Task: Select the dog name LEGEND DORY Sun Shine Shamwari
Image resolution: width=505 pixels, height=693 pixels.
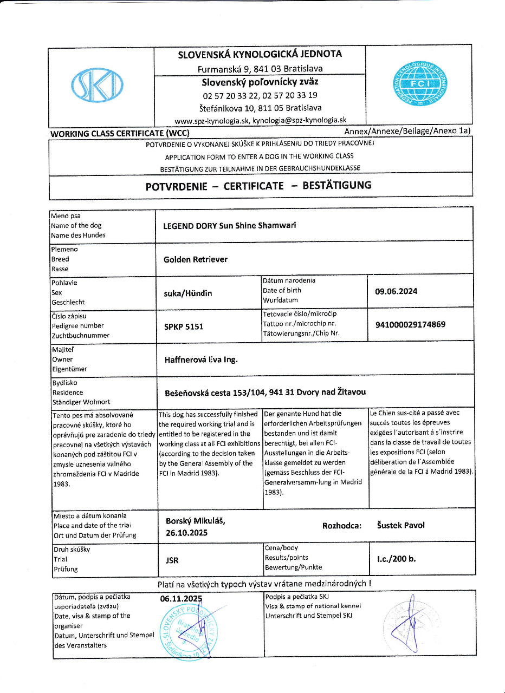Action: [x=230, y=226]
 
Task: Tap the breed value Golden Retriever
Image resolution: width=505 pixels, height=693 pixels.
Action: [x=195, y=259]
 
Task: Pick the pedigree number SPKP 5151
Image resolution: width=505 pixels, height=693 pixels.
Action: [x=184, y=326]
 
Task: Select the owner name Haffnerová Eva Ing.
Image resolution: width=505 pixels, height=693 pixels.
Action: [x=200, y=359]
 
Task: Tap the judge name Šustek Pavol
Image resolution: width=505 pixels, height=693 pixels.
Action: [x=400, y=525]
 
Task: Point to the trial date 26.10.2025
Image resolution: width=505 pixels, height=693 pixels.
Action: [x=186, y=533]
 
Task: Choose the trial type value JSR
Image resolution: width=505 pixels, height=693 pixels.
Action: [x=172, y=560]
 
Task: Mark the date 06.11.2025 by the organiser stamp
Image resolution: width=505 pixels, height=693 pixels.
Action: [x=181, y=599]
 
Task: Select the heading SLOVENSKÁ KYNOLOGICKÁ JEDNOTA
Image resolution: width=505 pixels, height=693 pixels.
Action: [x=260, y=54]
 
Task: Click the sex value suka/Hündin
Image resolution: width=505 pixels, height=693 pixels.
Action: [x=187, y=293]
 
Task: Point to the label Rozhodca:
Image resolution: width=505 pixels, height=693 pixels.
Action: [x=341, y=525]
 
